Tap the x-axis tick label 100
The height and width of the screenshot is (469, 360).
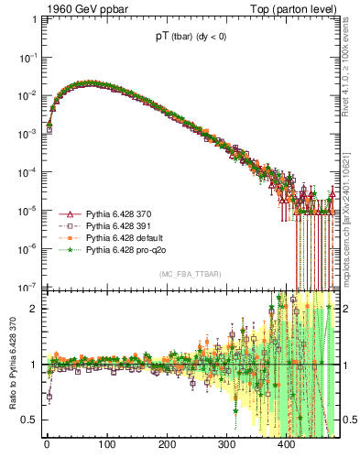point(106,446)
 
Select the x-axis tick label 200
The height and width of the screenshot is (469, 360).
point(167,446)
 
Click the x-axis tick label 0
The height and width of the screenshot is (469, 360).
point(47,446)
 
